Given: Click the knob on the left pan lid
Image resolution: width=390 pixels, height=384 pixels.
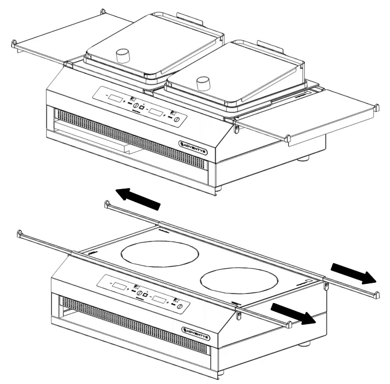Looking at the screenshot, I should pos(123,56).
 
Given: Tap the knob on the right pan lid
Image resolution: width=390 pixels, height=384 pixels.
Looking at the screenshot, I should pos(202,83).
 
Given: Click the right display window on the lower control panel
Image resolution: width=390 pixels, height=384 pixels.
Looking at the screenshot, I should pos(159,300).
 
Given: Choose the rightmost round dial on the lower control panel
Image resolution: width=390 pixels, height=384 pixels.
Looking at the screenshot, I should pos(181,307).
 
